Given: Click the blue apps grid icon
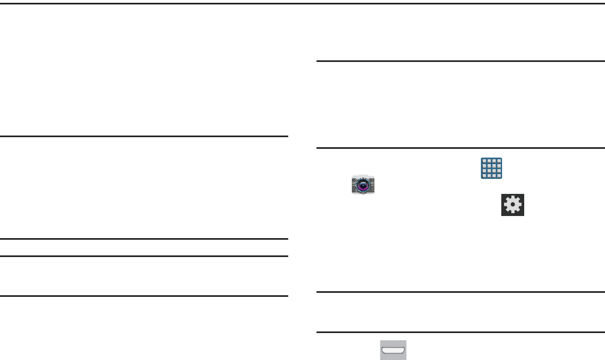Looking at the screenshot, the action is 492,168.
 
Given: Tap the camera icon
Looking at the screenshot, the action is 363,185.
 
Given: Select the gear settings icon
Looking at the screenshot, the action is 513,205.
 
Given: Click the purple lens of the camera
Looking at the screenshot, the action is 363,186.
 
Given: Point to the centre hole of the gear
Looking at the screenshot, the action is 513,205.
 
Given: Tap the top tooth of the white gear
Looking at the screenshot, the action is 513,197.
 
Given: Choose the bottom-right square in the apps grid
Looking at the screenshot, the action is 498,175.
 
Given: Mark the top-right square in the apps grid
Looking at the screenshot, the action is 498,162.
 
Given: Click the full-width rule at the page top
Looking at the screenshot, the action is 302,4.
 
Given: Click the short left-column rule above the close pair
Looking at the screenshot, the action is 144,137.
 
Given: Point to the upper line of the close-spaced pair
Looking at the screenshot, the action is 144,239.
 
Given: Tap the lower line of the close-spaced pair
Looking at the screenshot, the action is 144,256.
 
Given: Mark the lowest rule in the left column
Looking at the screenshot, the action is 144,296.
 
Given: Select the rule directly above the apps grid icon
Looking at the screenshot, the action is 461,148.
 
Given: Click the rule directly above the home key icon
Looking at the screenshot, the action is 461,332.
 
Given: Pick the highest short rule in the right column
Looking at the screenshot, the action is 461,62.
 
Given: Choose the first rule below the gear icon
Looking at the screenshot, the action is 461,292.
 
